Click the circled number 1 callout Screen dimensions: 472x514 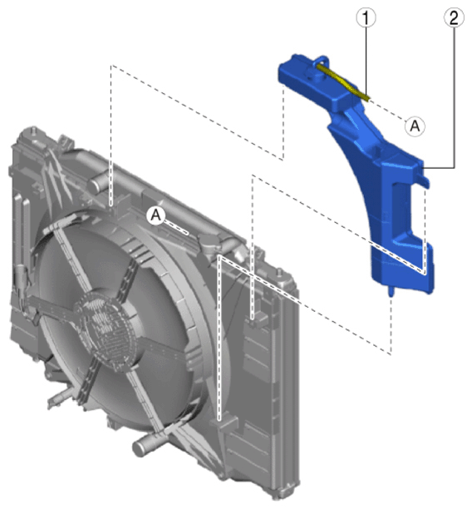366,17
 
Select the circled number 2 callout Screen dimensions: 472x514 454,17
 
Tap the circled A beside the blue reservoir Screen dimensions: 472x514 415,126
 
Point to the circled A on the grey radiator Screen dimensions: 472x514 156,215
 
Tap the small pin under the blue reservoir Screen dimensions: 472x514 391,291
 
